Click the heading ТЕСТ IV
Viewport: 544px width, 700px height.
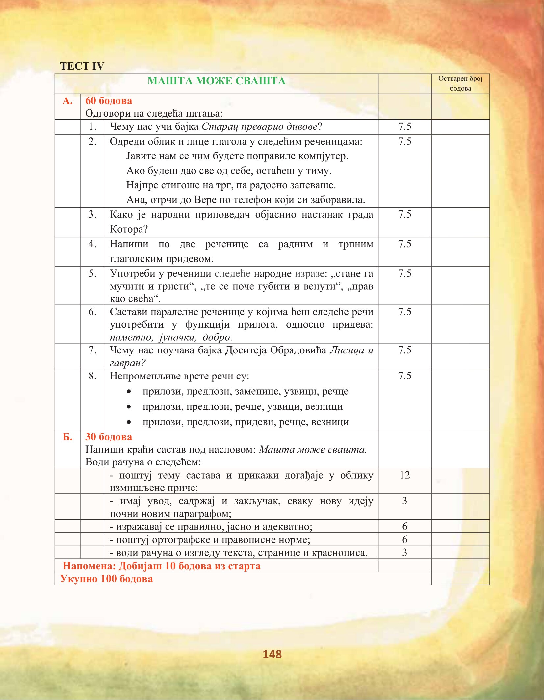[x=82, y=66]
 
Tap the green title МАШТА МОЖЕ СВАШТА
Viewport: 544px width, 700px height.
[x=216, y=81]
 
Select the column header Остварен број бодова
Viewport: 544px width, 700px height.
[x=460, y=83]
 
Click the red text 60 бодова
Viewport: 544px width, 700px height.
[x=109, y=101]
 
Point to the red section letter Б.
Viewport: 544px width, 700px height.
[x=67, y=437]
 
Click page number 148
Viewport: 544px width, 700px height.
[x=272, y=654]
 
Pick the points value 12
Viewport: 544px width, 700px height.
[x=404, y=475]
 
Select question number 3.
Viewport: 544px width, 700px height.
[x=92, y=214]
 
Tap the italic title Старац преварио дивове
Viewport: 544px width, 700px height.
[x=260, y=126]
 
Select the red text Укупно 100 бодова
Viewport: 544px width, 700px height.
[x=107, y=579]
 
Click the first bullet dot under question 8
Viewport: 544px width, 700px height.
[x=129, y=392]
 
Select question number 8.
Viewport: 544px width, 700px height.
[x=92, y=376]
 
